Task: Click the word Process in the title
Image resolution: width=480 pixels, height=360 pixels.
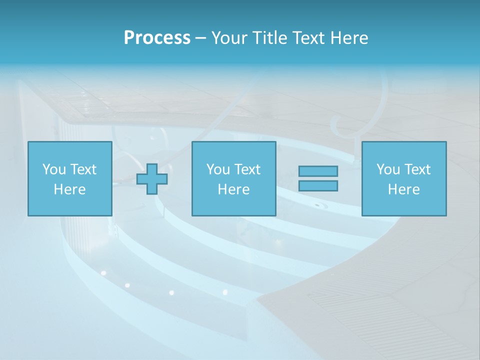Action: tap(157, 38)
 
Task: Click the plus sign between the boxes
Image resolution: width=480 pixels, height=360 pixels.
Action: tap(152, 178)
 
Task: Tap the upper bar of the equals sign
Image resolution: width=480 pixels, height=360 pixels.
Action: tap(318, 171)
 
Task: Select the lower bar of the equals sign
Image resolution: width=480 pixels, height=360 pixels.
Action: tap(318, 185)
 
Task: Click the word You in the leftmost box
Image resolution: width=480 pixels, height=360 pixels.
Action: tap(54, 169)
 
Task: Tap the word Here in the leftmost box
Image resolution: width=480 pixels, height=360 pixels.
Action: tap(70, 189)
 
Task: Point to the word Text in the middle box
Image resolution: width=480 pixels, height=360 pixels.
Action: tap(247, 169)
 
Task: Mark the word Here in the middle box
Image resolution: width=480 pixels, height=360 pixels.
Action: tap(234, 189)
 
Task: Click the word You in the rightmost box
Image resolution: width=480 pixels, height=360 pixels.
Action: tap(388, 169)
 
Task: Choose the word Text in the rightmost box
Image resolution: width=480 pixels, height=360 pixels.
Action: tap(417, 169)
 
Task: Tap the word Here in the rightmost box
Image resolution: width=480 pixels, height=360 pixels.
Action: tap(404, 189)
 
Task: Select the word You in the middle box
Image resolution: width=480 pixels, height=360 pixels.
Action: tap(218, 169)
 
